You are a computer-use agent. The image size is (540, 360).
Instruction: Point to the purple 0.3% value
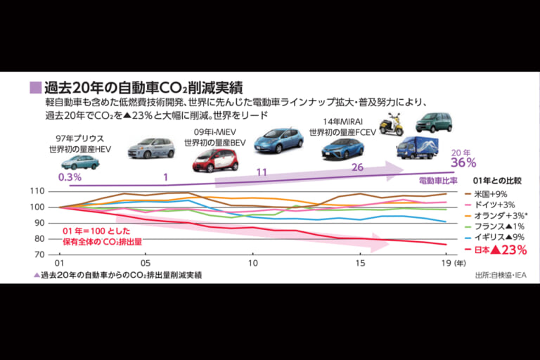(x=70, y=176)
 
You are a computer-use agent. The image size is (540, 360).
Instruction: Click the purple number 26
(x=356, y=168)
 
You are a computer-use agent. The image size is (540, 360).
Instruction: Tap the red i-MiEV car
(x=214, y=160)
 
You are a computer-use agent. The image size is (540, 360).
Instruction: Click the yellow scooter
(x=391, y=124)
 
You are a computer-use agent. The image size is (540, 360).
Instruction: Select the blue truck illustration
(x=418, y=148)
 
